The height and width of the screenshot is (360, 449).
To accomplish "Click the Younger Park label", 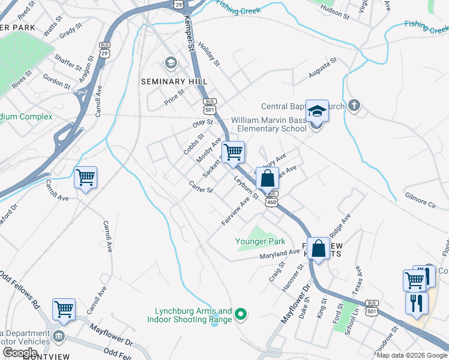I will tap(260, 242).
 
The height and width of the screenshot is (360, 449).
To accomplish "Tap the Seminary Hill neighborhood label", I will tap(173, 82).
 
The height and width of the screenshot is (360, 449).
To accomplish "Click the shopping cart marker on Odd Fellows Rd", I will tap(64, 309).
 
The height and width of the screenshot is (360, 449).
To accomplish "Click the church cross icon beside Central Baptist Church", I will tap(354, 106).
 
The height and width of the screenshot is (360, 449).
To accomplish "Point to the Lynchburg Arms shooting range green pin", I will tap(240, 314).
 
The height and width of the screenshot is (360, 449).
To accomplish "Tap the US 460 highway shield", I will tap(273, 203).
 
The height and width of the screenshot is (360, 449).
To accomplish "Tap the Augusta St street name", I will tap(322, 70).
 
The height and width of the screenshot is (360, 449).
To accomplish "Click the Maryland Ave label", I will tap(279, 254).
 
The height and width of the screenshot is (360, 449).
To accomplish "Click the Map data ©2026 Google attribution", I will tap(412, 355).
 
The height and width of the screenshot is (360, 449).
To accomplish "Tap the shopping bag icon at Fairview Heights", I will tap(319, 247).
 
